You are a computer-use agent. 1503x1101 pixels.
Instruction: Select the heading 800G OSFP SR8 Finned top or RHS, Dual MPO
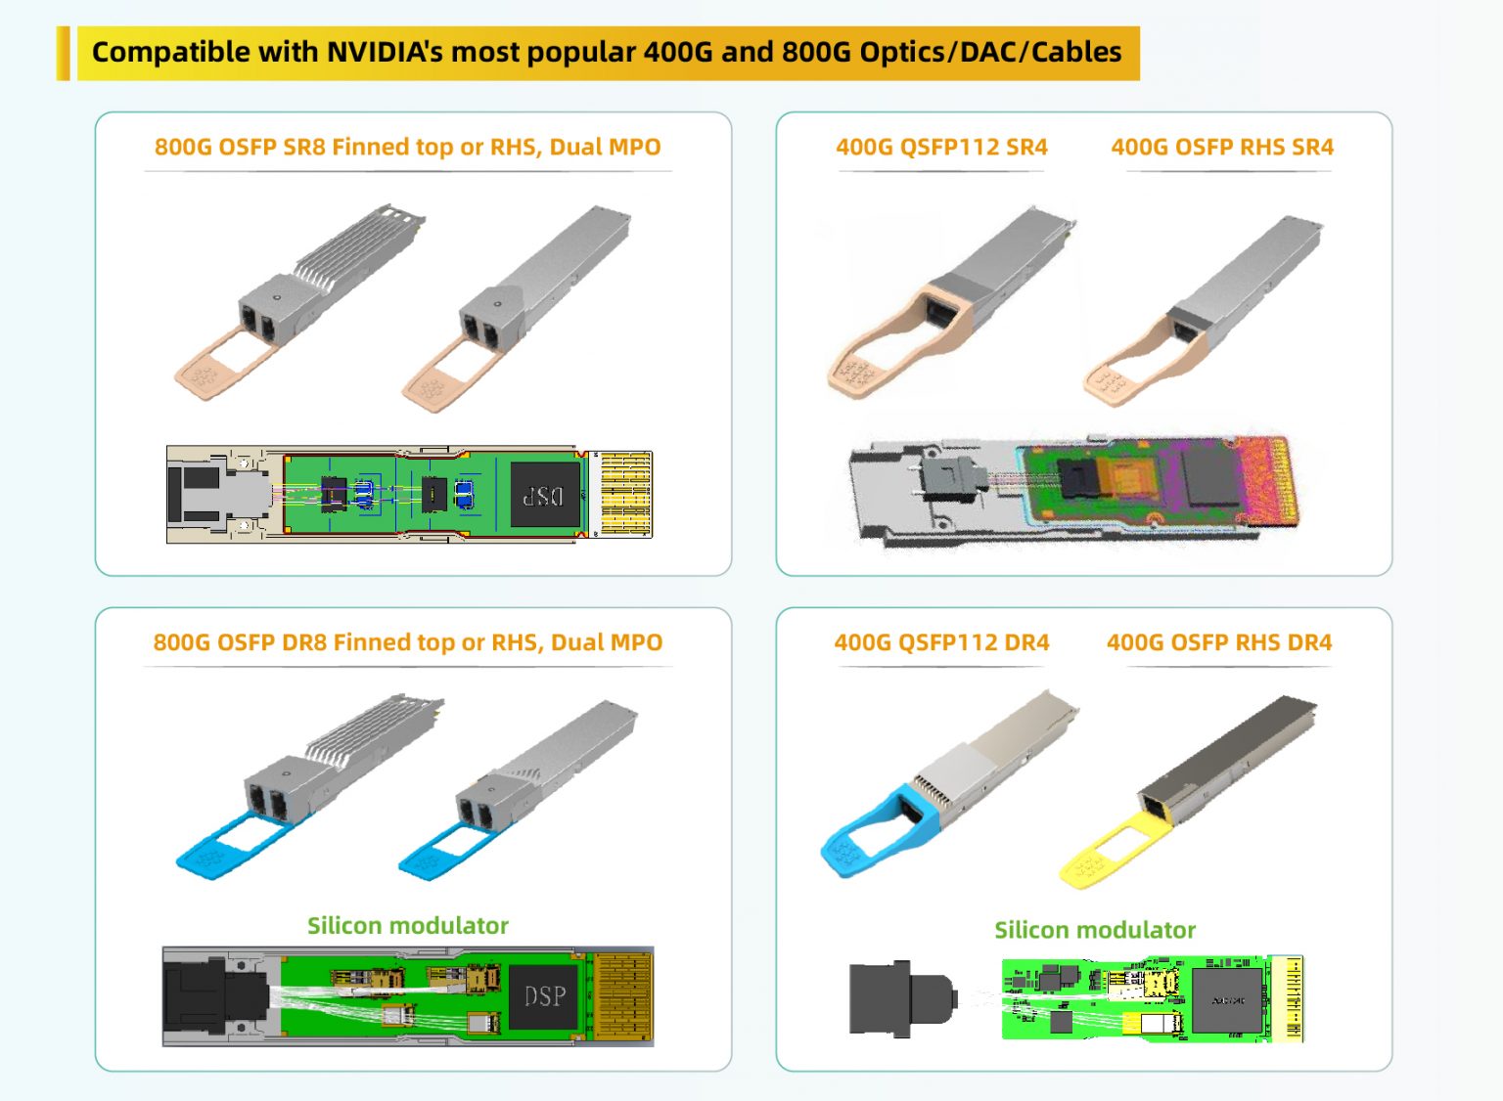click(407, 148)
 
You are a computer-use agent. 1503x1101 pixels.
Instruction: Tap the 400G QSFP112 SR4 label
click(941, 148)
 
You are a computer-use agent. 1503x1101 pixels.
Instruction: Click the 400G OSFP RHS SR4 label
click(1222, 148)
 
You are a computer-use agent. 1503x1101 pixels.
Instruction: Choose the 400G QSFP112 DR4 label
click(941, 642)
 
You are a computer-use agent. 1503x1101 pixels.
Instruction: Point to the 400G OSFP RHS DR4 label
click(1219, 642)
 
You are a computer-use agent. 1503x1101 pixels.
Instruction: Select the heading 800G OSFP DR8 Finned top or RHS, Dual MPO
click(407, 642)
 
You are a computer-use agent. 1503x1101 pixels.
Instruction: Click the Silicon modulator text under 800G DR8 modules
click(408, 926)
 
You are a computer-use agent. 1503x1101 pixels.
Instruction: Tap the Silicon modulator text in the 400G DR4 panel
click(1095, 930)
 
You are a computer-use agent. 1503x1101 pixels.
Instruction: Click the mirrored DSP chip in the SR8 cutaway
click(544, 495)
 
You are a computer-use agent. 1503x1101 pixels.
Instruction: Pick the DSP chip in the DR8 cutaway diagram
click(544, 996)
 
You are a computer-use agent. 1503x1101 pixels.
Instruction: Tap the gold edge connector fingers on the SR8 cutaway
click(624, 494)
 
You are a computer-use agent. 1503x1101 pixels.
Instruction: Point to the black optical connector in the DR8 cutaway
click(213, 996)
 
